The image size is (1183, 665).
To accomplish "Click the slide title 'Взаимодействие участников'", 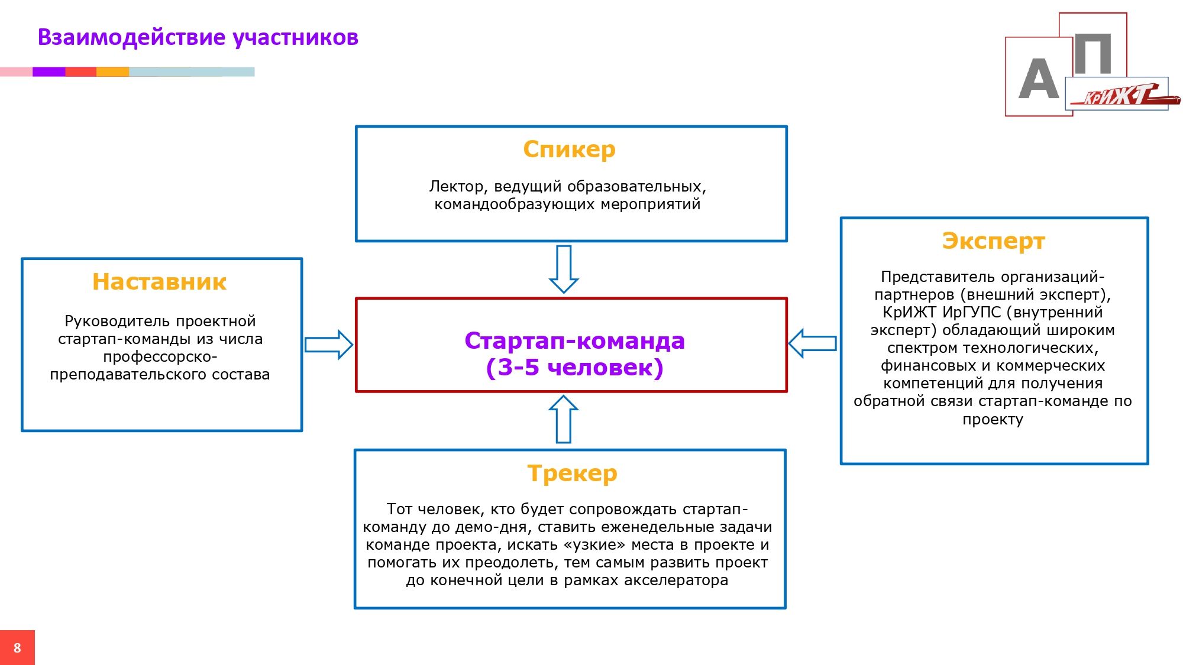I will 198,37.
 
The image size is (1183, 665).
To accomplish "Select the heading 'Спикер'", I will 569,149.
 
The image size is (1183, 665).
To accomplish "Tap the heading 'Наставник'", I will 159,282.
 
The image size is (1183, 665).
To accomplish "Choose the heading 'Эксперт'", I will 993,241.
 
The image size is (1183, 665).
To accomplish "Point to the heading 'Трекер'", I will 572,473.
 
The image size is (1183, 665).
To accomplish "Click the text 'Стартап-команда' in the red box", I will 574,341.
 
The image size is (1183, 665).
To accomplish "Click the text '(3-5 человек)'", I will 574,368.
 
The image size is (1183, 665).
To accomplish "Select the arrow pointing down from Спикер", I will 564,269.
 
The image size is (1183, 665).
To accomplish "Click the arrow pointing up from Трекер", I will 563,419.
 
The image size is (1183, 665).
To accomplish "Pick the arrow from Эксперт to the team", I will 813,343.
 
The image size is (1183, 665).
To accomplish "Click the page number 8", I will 17,648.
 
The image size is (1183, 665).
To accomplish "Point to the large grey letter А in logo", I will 1038,79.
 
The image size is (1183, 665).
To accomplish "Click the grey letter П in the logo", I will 1093,54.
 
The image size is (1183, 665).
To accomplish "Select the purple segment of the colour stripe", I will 49,72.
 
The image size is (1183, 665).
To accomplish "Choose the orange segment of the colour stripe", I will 112,72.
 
